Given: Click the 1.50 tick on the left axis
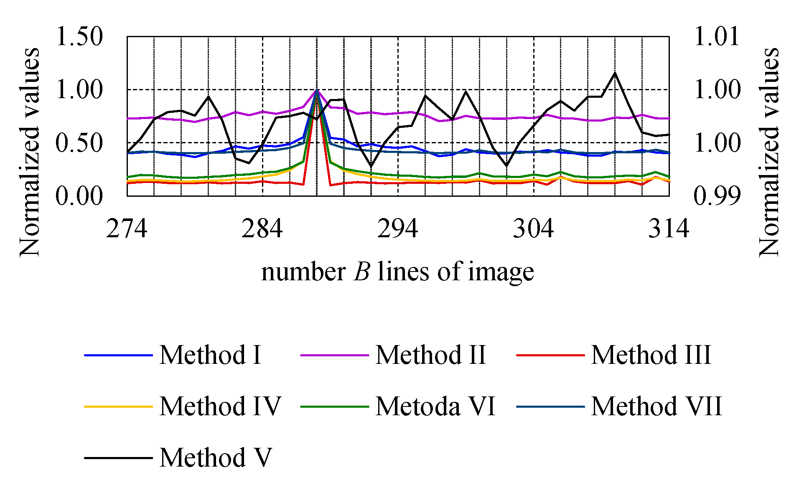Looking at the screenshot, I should tap(79, 36).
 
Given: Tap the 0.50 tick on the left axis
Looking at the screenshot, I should tap(79, 143).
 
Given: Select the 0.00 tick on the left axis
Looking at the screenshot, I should tap(79, 196).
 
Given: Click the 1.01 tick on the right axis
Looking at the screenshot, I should tap(716, 36).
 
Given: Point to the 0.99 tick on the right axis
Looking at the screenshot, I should tap(716, 196).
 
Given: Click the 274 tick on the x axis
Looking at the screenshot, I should tap(127, 229).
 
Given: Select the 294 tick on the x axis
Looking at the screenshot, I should tap(398, 229).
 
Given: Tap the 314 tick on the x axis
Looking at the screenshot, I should tap(669, 229).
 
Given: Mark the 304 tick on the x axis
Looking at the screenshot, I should tap(533, 229).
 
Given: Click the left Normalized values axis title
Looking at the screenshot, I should tap(30, 152).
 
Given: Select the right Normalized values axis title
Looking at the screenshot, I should tap(769, 152).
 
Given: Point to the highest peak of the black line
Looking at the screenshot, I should tap(615, 73).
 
